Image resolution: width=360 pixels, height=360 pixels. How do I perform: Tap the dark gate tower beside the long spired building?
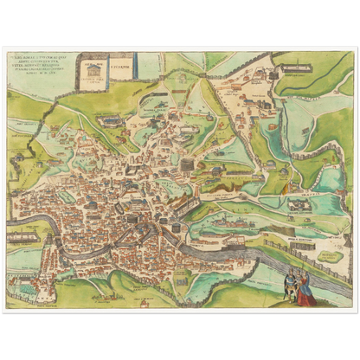[278, 68]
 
